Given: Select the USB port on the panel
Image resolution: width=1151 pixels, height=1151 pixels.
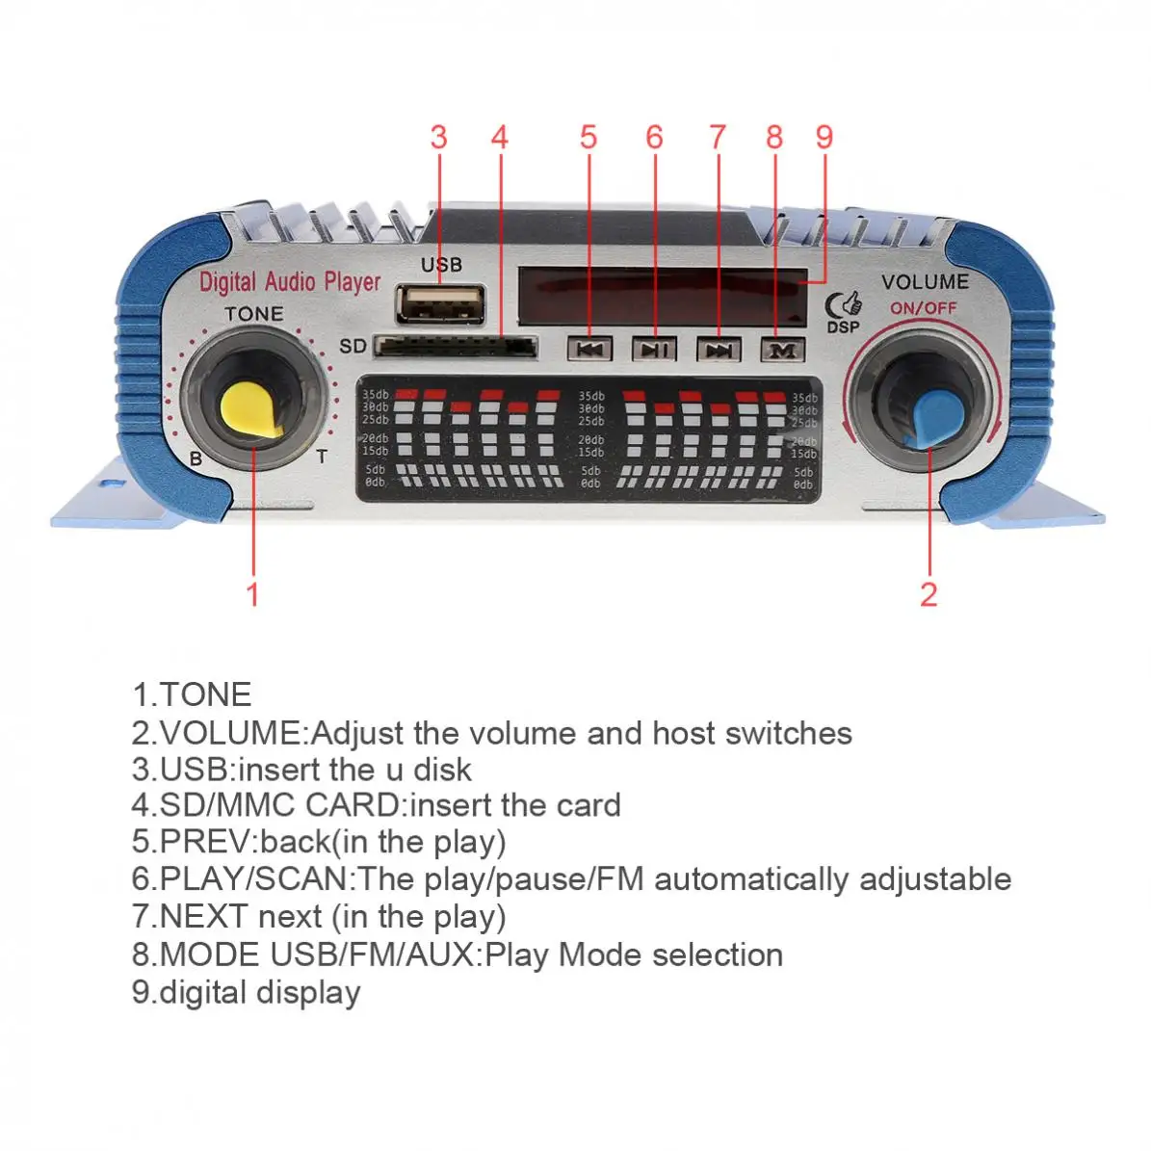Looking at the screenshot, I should point(439,303).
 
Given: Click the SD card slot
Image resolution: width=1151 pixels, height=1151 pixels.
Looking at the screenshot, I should point(455,346).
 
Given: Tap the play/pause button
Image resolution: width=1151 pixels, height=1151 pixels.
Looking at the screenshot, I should point(654,350).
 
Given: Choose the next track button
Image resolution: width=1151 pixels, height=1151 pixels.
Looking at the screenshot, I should point(719,350).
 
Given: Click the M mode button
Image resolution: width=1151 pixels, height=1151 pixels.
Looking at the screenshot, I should point(782,350).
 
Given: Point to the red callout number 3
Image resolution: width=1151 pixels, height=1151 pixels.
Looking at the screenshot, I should point(439,138).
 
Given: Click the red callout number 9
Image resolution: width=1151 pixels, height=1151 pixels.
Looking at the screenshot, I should point(824,138).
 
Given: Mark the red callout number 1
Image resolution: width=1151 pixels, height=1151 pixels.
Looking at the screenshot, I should point(253,593).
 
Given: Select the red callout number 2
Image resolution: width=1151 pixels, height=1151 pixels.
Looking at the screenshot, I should point(929,593).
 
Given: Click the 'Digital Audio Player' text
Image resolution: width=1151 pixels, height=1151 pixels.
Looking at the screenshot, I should point(290,282).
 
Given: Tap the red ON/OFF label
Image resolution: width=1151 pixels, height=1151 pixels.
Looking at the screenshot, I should point(923,308).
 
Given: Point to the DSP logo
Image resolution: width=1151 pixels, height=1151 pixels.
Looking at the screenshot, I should point(844,310).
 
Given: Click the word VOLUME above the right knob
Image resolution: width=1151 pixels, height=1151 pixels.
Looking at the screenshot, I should point(925,282).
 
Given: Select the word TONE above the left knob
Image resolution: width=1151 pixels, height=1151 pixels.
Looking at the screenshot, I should point(253,314).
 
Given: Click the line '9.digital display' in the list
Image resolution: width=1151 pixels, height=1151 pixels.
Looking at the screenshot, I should point(247,992).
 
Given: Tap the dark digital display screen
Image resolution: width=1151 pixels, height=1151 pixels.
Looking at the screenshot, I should point(663,296).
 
